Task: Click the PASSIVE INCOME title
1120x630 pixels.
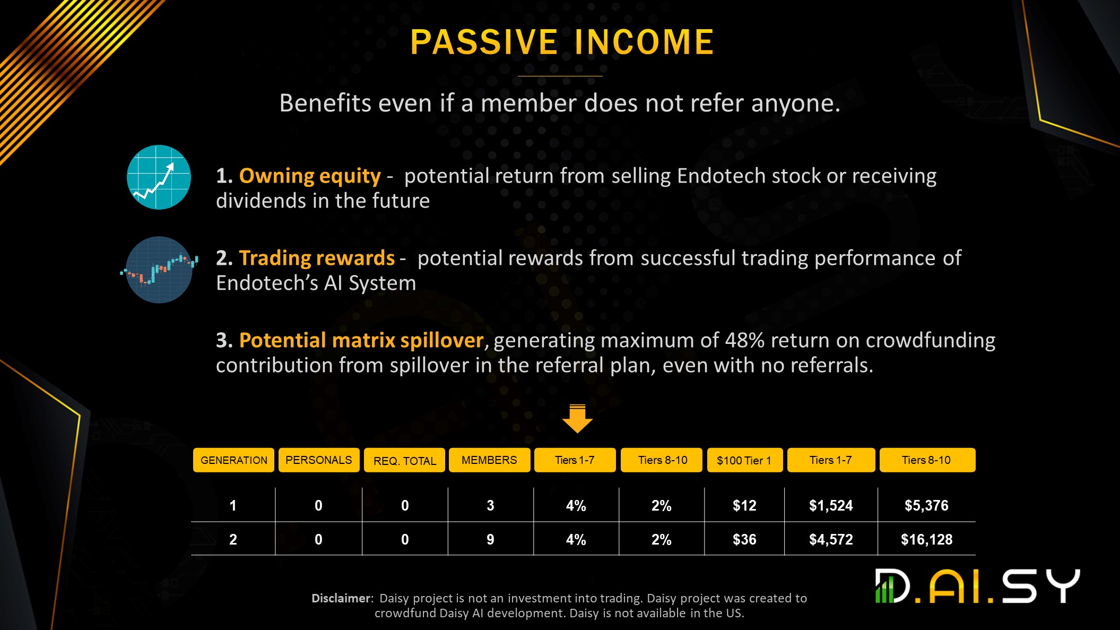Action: click(x=562, y=42)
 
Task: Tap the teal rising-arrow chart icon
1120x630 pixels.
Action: click(x=159, y=177)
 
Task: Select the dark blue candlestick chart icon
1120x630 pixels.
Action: click(x=159, y=270)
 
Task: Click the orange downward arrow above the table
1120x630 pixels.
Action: click(x=577, y=418)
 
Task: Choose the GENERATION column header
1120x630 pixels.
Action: click(x=233, y=460)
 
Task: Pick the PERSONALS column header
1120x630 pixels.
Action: click(x=319, y=460)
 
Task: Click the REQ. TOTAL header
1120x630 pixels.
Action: click(x=404, y=460)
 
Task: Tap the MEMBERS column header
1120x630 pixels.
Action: click(x=489, y=460)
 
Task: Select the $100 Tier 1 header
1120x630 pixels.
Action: click(x=744, y=460)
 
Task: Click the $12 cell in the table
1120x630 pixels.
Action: click(x=744, y=505)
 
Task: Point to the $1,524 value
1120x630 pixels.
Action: click(x=831, y=505)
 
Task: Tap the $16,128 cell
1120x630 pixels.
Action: click(x=926, y=540)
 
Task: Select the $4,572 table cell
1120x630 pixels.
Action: click(x=831, y=540)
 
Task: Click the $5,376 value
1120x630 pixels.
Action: click(x=926, y=505)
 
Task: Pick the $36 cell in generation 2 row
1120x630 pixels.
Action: click(x=744, y=540)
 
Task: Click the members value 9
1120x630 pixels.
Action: click(x=490, y=540)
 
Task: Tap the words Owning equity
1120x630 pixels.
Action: click(x=310, y=176)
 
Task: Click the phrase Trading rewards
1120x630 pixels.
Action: click(x=317, y=258)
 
